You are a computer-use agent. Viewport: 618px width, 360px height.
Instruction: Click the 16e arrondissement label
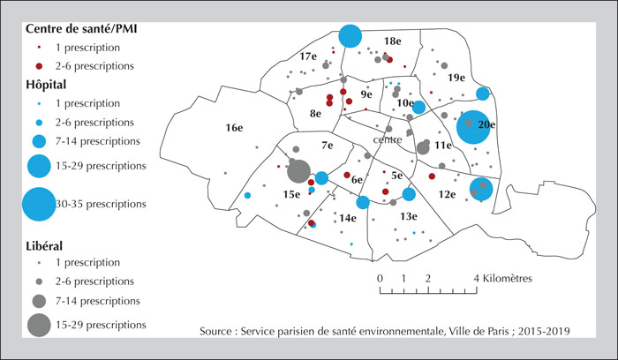(234, 128)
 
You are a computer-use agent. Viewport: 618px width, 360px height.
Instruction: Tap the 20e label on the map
(486, 124)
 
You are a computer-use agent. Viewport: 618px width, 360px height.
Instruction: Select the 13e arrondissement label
(409, 216)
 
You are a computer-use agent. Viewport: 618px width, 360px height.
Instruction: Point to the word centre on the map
(388, 139)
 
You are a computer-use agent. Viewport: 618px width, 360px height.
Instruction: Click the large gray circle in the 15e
(298, 171)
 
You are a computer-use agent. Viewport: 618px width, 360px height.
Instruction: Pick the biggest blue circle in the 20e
(473, 127)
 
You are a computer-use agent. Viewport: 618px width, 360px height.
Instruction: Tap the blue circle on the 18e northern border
(350, 36)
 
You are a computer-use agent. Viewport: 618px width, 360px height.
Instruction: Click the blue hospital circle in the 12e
(481, 189)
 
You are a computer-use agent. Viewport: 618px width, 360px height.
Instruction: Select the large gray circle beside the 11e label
(423, 148)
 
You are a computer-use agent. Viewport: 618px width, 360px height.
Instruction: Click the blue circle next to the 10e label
(419, 107)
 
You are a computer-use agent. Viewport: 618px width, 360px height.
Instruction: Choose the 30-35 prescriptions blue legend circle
(39, 204)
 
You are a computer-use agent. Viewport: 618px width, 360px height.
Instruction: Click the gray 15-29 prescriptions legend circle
(39, 325)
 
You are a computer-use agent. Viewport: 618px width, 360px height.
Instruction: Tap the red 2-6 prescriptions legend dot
(39, 66)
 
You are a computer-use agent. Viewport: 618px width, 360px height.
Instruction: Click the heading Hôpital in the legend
(46, 85)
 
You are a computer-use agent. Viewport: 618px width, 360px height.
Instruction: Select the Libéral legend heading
(44, 246)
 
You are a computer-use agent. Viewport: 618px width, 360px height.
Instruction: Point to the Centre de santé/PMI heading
(81, 29)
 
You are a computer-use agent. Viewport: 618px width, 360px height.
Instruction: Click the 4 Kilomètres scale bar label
(503, 279)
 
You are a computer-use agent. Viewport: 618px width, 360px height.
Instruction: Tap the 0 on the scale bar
(380, 279)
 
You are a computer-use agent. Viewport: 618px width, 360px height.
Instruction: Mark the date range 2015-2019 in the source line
(544, 331)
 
